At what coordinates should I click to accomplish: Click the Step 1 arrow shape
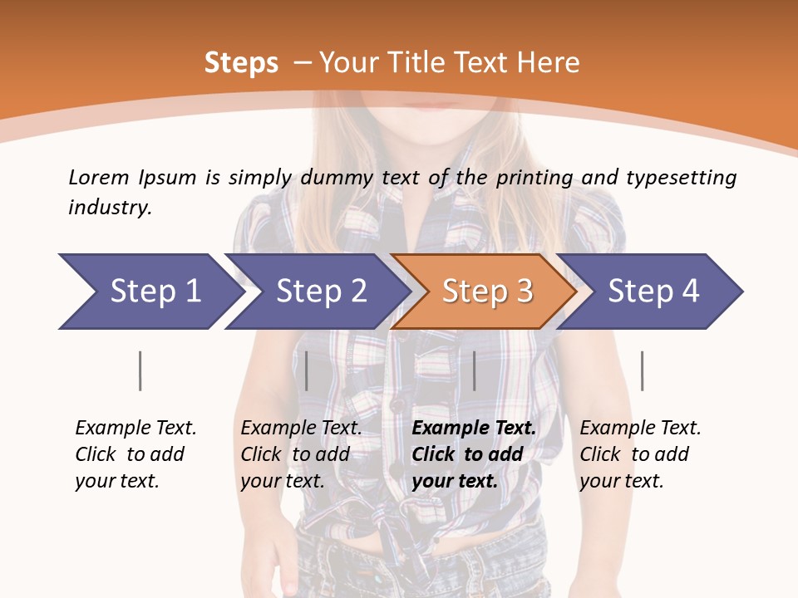point(150,292)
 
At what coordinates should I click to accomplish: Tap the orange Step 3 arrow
point(486,292)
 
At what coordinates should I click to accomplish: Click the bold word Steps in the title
point(241,63)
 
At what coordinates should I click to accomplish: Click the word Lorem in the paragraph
point(99,177)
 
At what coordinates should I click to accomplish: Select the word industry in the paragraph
point(110,208)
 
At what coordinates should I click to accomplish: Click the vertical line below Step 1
point(140,370)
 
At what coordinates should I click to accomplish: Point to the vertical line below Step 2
point(307,370)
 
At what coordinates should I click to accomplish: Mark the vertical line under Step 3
point(474,370)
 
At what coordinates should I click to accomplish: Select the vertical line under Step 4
point(642,370)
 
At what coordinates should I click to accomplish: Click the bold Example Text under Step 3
point(474,429)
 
